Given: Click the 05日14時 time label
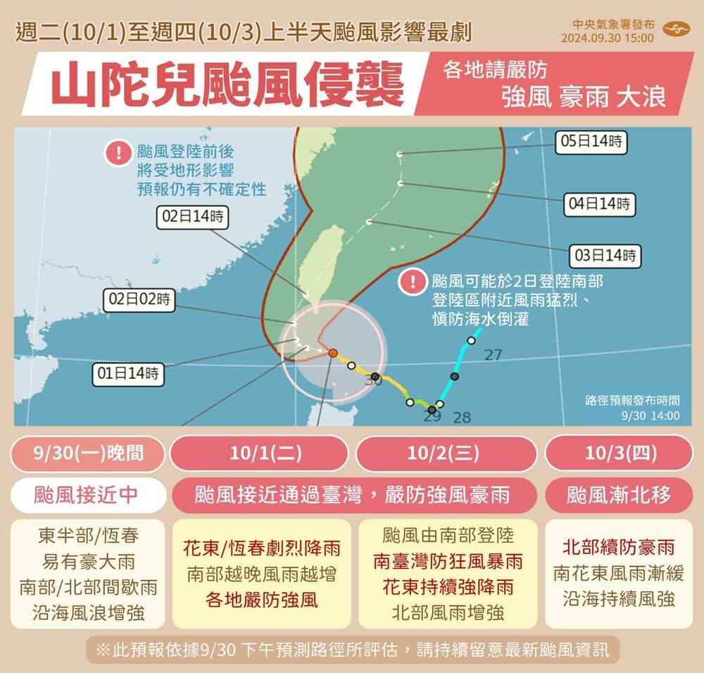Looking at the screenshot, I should [591, 141].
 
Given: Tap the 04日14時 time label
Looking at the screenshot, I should [601, 204].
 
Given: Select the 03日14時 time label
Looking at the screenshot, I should [605, 255].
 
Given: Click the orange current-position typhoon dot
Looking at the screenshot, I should [333, 353].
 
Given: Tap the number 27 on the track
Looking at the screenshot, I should [493, 356].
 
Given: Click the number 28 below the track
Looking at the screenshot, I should [462, 417].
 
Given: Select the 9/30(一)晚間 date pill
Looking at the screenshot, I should [87, 453].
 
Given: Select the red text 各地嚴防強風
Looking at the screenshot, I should [261, 600].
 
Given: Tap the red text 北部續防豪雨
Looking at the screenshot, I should [618, 547].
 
